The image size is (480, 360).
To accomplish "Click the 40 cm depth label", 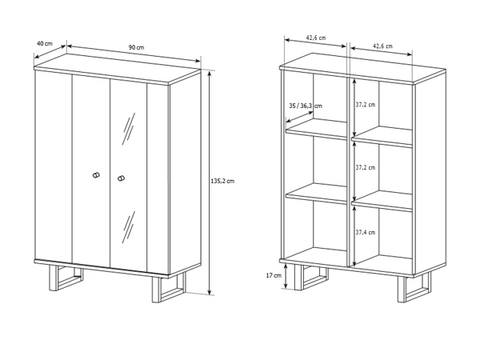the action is [45, 43].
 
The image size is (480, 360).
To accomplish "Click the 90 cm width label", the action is [136, 47].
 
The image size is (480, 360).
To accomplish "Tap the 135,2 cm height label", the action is [222, 181].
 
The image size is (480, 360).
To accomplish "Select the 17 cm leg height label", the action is [274, 275].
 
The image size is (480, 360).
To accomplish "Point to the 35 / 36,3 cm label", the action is [306, 106].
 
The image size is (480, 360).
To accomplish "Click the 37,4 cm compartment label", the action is [366, 232].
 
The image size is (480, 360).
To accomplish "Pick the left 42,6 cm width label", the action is [316, 38].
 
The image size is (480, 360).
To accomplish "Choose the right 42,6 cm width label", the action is [382, 46].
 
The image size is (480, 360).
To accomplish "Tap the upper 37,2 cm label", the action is [366, 105].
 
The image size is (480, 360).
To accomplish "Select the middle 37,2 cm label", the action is [366, 168].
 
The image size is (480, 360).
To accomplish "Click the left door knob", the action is [96, 175].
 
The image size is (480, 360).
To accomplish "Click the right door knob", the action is [122, 178].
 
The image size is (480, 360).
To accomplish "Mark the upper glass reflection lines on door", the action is [129, 129].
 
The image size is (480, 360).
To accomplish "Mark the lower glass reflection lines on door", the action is [129, 227].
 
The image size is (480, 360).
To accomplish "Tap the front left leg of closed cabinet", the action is [66, 278].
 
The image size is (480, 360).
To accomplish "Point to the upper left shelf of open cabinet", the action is [317, 129].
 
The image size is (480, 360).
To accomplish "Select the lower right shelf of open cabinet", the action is [382, 201].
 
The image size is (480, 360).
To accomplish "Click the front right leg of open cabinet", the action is [414, 288].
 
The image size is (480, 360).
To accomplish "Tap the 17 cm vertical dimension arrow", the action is [286, 276].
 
